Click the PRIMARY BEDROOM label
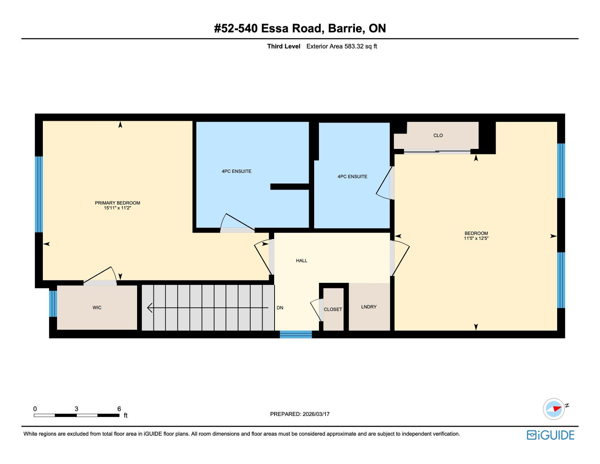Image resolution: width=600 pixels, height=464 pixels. (x=117, y=203)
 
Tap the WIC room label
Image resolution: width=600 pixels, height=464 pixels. (x=97, y=308)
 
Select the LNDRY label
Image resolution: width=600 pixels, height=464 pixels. (x=369, y=307)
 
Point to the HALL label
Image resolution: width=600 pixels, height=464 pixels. (x=302, y=261)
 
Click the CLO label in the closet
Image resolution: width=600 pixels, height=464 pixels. (x=438, y=136)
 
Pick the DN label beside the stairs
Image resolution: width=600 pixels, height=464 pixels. (x=280, y=308)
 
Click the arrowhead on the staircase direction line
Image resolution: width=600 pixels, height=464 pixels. (x=150, y=308)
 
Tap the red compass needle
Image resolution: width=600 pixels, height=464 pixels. (x=557, y=408)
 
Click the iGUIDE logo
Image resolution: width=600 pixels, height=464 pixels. (x=550, y=435)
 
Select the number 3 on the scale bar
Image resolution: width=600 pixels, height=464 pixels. (x=76, y=409)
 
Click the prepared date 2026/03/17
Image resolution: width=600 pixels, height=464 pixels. (x=316, y=414)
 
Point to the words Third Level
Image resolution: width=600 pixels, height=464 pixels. (x=283, y=47)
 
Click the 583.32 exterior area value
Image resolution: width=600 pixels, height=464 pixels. (x=354, y=47)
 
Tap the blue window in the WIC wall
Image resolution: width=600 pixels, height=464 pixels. (x=53, y=303)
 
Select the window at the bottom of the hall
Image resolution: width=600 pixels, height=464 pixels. (x=296, y=334)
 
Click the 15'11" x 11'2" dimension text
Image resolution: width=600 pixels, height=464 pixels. (x=117, y=208)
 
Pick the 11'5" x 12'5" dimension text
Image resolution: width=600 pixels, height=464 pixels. (x=476, y=238)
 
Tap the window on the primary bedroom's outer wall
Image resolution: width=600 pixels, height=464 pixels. (x=39, y=195)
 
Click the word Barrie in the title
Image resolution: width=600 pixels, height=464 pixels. (x=345, y=28)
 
